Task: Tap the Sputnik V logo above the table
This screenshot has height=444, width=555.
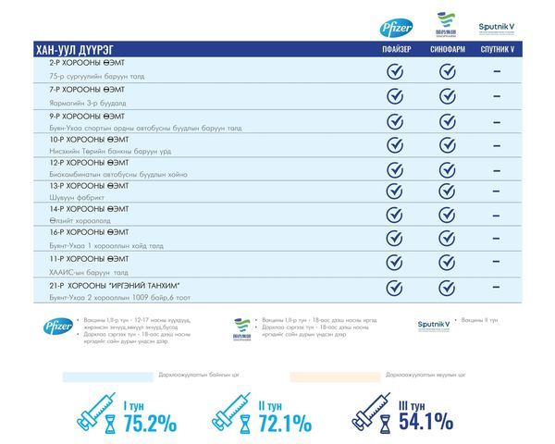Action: click(x=498, y=27)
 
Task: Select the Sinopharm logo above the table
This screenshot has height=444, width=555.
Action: click(x=446, y=24)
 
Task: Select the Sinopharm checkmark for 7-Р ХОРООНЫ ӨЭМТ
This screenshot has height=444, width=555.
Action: click(x=447, y=95)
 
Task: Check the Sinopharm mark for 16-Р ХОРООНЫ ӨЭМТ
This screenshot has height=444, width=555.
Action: click(x=447, y=240)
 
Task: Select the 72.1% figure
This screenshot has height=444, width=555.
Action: click(x=284, y=423)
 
